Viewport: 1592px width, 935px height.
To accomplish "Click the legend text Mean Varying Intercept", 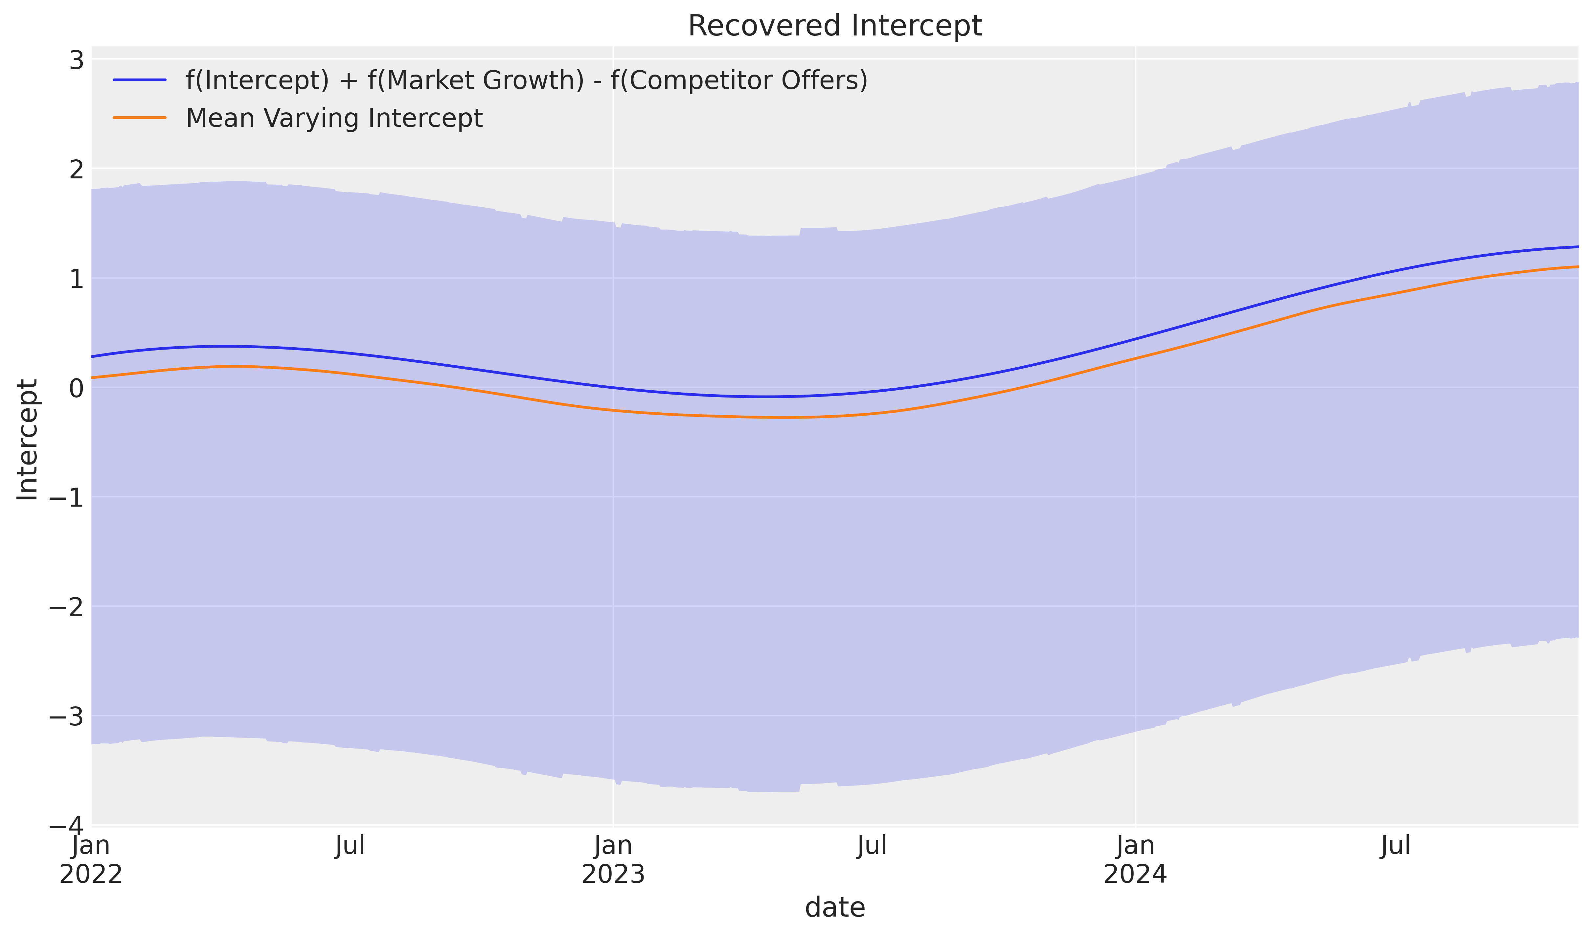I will [334, 118].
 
